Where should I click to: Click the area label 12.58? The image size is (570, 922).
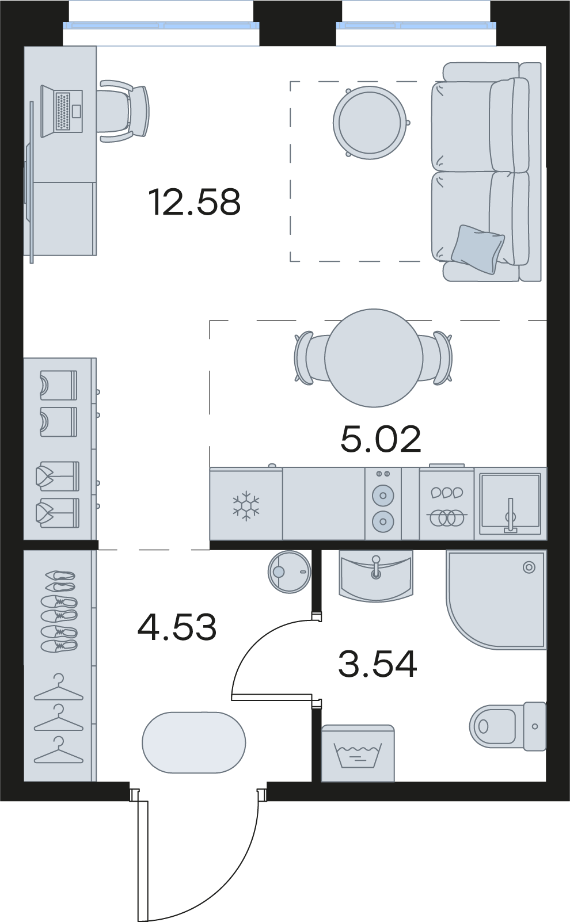point(194,202)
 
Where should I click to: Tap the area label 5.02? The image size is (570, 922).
point(381,439)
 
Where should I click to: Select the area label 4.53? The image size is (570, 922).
point(177,627)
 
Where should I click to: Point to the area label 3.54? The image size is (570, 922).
point(378,664)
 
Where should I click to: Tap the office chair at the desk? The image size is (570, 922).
point(123,111)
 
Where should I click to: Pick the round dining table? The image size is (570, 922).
point(374,358)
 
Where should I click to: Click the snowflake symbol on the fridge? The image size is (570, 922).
point(246,505)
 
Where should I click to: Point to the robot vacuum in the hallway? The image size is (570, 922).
point(289,572)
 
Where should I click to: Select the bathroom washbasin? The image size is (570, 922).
point(375,575)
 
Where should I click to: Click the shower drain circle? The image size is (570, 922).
point(529,567)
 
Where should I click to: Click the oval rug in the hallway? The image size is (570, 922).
point(193,742)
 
